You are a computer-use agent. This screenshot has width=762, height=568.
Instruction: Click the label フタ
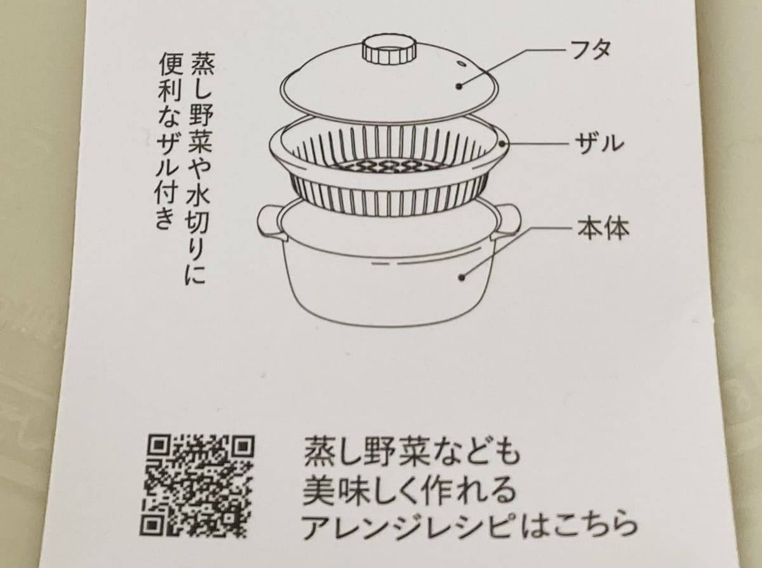pyautogui.click(x=592, y=48)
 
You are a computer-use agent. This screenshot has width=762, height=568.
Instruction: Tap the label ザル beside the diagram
pyautogui.click(x=598, y=143)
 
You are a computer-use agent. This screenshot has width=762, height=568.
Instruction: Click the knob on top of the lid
pyautogui.click(x=387, y=50)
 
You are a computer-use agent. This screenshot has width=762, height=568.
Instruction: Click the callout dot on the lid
pyautogui.click(x=458, y=84)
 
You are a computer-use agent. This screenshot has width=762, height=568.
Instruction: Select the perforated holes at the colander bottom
pyautogui.click(x=387, y=166)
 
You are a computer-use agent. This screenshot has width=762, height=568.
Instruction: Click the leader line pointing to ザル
pyautogui.click(x=540, y=144)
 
